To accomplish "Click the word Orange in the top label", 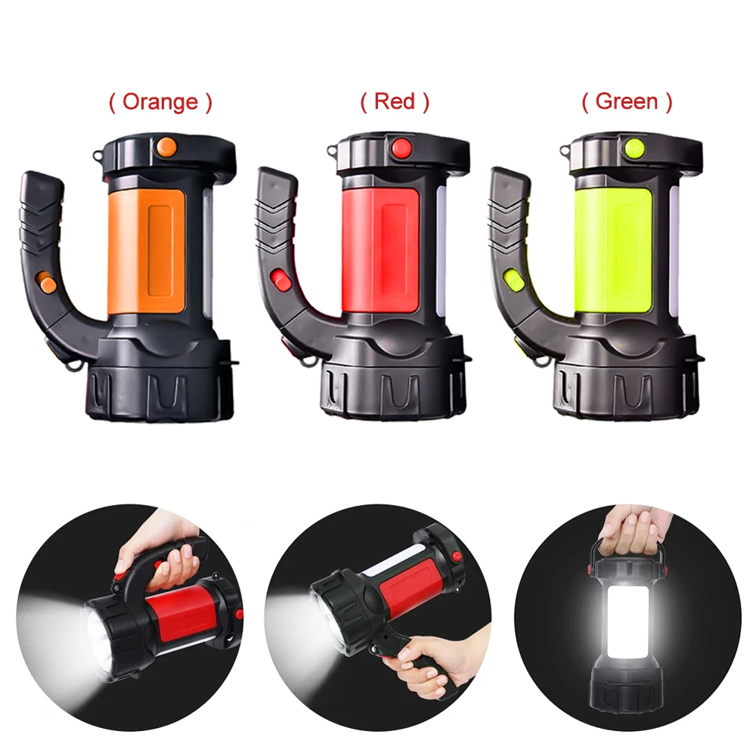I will pyautogui.click(x=160, y=101).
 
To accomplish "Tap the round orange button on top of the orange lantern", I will pyautogui.click(x=167, y=146).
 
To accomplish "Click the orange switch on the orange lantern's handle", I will pyautogui.click(x=48, y=284).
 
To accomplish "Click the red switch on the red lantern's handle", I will pyautogui.click(x=281, y=280).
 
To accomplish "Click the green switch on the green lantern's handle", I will pyautogui.click(x=513, y=280).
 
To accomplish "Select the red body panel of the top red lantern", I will pyautogui.click(x=389, y=249).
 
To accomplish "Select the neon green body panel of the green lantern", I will pyautogui.click(x=622, y=249).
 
